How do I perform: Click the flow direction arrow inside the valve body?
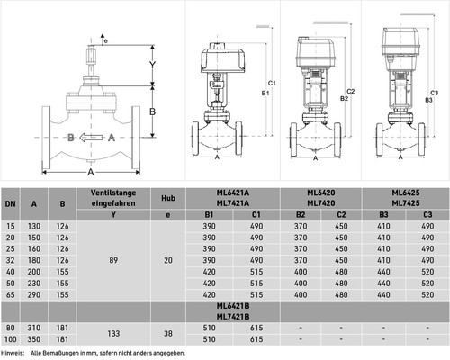click(x=91, y=138)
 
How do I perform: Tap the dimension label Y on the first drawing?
click(x=153, y=65)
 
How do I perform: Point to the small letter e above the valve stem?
click(x=106, y=40)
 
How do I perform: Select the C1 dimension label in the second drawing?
click(x=272, y=83)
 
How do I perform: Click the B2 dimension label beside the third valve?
click(x=345, y=98)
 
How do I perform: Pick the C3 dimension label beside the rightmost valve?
click(x=434, y=93)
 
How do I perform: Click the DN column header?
click(x=10, y=204)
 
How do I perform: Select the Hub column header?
click(x=168, y=198)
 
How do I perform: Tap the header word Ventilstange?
click(x=113, y=193)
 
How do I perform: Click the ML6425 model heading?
click(x=406, y=193)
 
